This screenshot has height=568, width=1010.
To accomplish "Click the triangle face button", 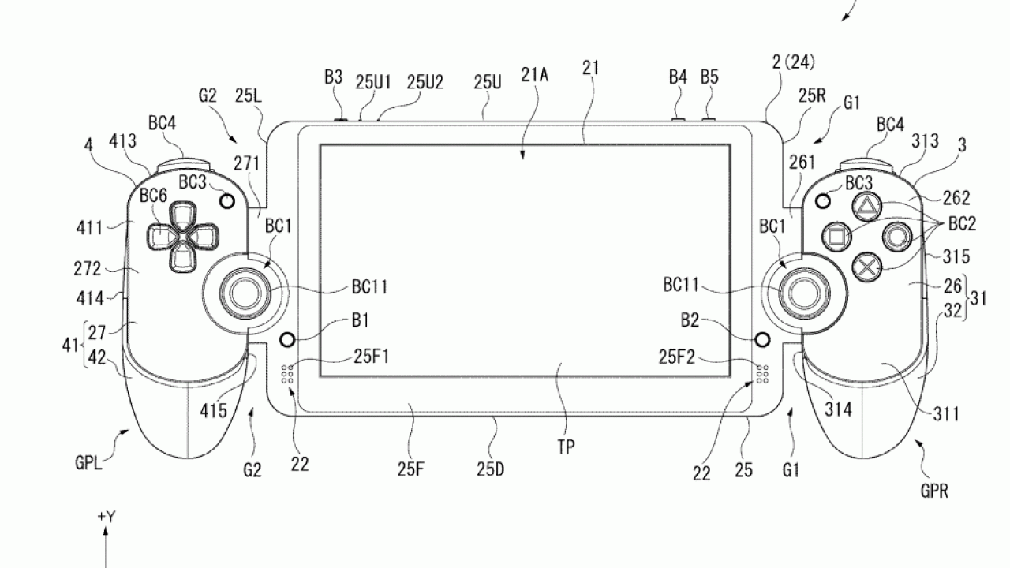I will tap(866, 207).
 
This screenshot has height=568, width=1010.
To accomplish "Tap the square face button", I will tap(836, 234).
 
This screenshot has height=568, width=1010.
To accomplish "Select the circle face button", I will tap(897, 235).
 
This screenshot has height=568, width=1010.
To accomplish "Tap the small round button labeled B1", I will tap(287, 339).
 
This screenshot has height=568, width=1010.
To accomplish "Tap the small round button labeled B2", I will tap(761, 339).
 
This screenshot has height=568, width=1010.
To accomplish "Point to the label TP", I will tap(565, 446).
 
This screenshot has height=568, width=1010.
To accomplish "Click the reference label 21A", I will tap(534, 75).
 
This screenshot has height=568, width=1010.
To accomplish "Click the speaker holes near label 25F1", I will tap(288, 374).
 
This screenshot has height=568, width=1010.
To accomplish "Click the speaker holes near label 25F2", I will tap(763, 374).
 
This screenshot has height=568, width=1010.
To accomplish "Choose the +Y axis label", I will tap(107, 517).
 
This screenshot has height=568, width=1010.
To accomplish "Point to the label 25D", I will tap(490, 471).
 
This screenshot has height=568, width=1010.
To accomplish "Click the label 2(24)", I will tap(793, 62).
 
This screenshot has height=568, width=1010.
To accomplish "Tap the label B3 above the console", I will tap(334, 77).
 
